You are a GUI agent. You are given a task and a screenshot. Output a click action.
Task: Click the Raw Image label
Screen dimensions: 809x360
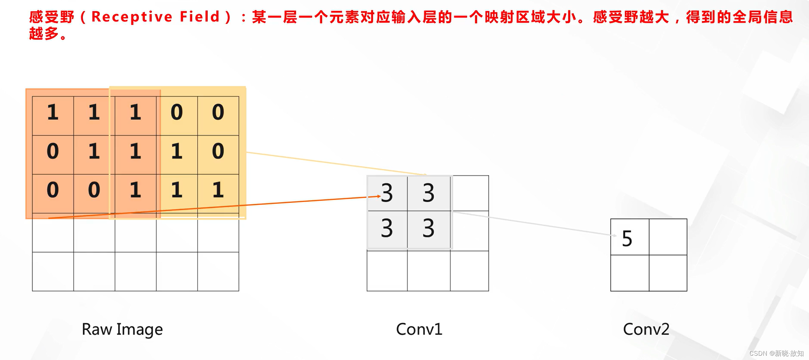(122, 329)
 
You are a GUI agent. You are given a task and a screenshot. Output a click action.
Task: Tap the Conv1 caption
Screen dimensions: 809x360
(419, 329)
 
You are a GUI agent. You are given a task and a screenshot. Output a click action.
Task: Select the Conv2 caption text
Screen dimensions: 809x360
(646, 329)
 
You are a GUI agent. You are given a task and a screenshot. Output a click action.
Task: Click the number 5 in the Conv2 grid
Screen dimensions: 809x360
(627, 238)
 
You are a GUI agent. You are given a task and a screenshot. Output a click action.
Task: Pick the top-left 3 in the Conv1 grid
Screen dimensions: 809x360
(387, 193)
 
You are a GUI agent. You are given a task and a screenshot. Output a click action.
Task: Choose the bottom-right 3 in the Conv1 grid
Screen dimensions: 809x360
(428, 228)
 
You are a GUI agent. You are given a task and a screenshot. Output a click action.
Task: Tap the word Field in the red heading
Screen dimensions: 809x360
(200, 17)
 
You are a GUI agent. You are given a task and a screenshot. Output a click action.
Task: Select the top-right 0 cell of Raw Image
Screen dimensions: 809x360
(218, 113)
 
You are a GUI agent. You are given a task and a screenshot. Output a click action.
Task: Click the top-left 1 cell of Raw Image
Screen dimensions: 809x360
(53, 113)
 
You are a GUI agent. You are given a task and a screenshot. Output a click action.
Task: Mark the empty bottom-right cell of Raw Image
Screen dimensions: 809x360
(218, 271)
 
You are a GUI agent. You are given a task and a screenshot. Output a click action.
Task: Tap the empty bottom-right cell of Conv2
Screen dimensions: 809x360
(668, 273)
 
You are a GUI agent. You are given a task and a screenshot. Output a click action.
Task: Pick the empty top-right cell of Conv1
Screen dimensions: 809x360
(470, 193)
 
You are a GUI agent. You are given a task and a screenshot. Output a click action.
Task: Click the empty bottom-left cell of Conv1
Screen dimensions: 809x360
(387, 271)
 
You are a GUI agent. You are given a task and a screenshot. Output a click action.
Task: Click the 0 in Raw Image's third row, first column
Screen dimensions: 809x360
(53, 190)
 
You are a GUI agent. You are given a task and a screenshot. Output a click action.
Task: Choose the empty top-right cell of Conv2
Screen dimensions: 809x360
(668, 237)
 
